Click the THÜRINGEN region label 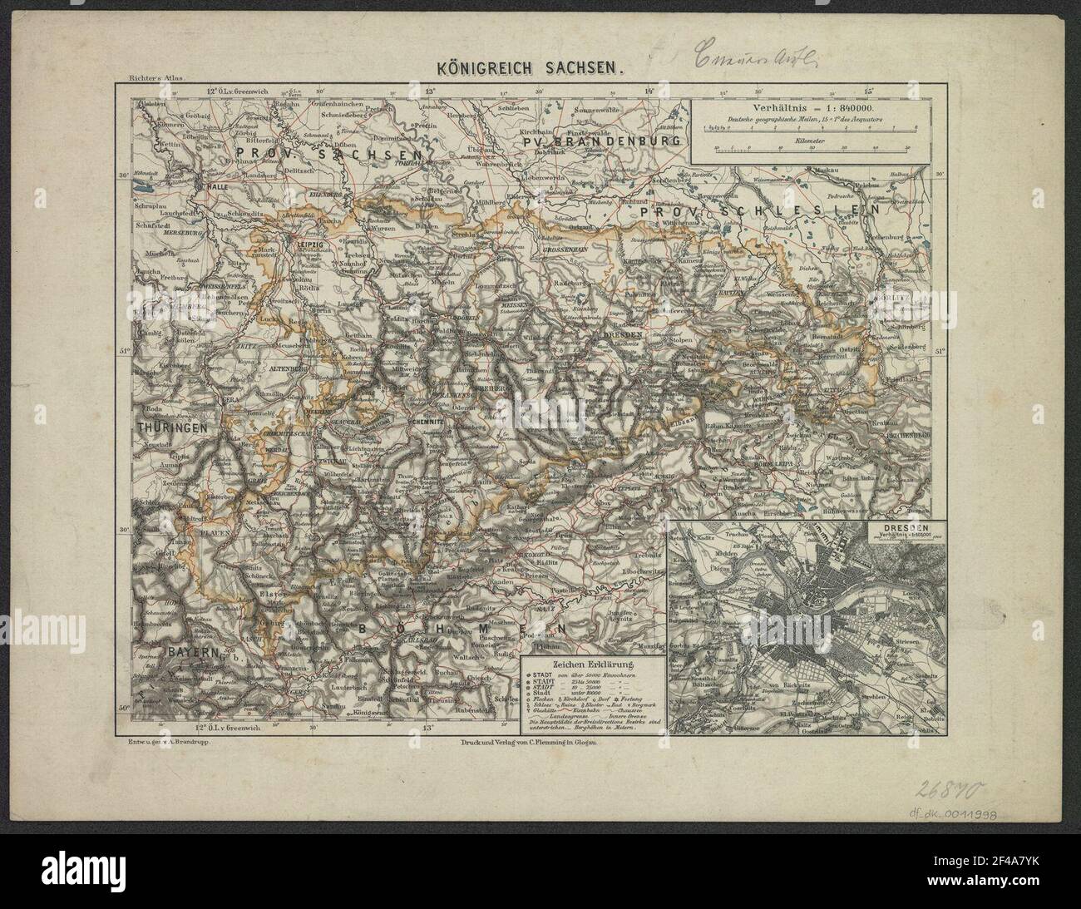pyautogui.click(x=172, y=427)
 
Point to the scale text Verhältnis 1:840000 pyautogui.click(x=800, y=109)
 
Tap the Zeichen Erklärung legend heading pyautogui.click(x=590, y=664)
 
